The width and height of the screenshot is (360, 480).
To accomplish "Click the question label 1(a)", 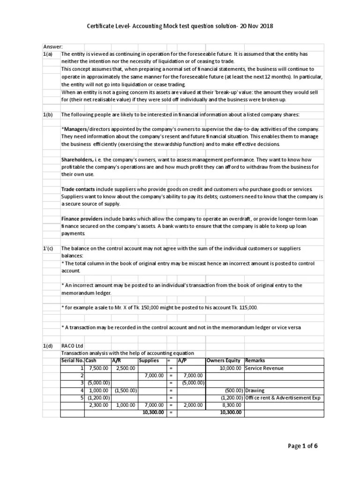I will pyautogui.click(x=48, y=54).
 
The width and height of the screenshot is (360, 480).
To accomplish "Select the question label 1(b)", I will pyautogui.click(x=48, y=114).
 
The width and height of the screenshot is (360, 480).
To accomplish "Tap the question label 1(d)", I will pyautogui.click(x=48, y=346).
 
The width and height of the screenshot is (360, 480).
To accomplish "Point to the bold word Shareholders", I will pyautogui.click(x=78, y=160).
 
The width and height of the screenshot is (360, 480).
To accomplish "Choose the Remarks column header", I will pyautogui.click(x=255, y=360).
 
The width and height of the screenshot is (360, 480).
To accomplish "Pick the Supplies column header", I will pyautogui.click(x=149, y=360).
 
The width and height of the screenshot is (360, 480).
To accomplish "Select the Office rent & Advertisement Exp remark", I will pyautogui.click(x=284, y=397).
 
